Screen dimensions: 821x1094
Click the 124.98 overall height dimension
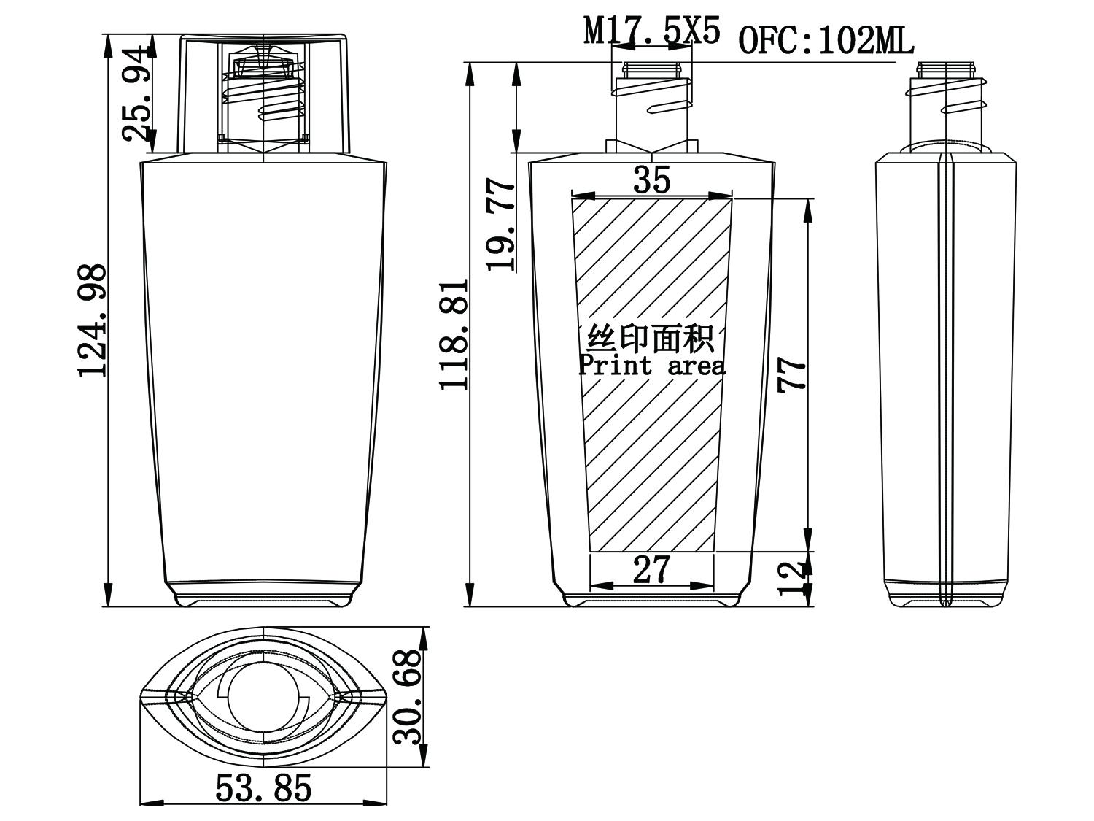tap(93, 321)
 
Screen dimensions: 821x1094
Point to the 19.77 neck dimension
tap(502, 226)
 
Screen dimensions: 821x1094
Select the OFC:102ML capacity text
tap(826, 42)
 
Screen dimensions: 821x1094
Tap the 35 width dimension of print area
tap(651, 180)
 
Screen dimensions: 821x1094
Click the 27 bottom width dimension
tap(651, 570)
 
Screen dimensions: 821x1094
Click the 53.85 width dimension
tap(263, 788)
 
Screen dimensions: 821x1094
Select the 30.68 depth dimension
tap(408, 697)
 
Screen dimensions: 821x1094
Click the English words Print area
tap(652, 365)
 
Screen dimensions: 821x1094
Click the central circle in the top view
tap(264, 697)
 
